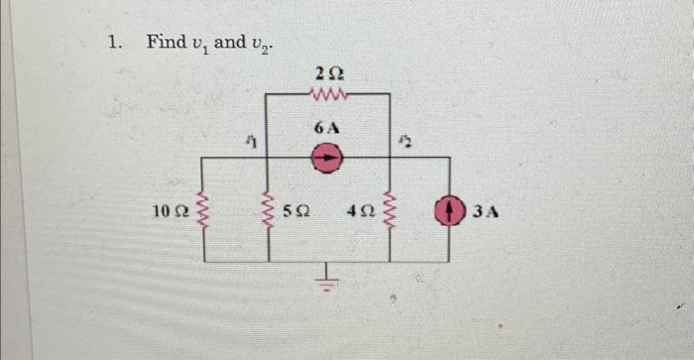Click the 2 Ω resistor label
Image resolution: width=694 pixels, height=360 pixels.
pyautogui.click(x=328, y=72)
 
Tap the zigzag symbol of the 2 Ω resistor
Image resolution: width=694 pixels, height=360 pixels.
pyautogui.click(x=328, y=95)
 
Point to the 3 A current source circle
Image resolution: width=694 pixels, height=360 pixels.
pyautogui.click(x=455, y=209)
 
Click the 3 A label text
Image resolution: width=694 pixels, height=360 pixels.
pyautogui.click(x=486, y=210)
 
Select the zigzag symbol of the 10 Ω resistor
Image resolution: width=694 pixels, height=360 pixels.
pyautogui.click(x=204, y=210)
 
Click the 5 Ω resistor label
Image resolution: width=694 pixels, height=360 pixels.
pyautogui.click(x=297, y=211)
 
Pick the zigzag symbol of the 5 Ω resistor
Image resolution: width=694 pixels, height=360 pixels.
pyautogui.click(x=268, y=210)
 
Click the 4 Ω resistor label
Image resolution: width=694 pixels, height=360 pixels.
pyautogui.click(x=361, y=211)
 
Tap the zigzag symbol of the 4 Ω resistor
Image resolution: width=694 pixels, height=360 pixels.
pyautogui.click(x=391, y=210)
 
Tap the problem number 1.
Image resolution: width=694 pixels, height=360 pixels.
pyautogui.click(x=115, y=42)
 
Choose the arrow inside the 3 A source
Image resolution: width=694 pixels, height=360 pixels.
pyautogui.click(x=455, y=209)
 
